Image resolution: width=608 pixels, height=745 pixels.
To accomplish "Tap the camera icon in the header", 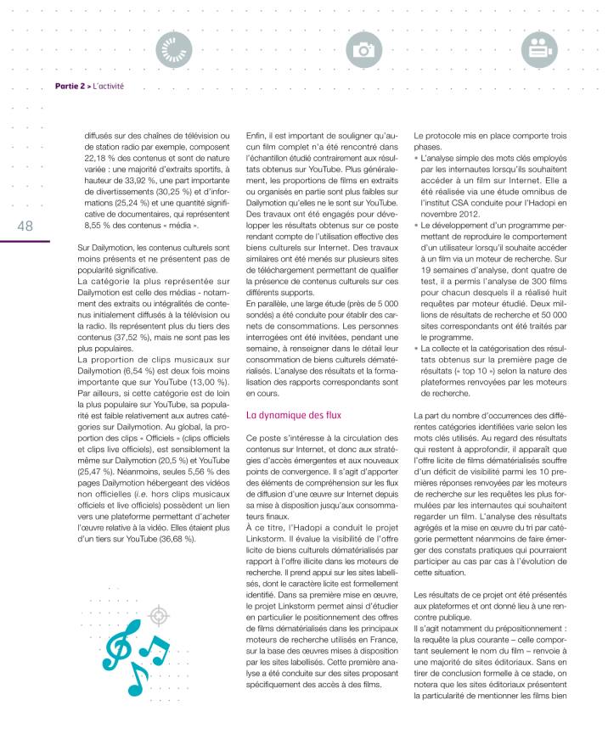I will (x=365, y=50).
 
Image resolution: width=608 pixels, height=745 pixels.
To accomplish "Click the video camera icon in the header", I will (x=537, y=50).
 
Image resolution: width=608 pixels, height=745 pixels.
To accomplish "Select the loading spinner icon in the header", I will (x=174, y=50).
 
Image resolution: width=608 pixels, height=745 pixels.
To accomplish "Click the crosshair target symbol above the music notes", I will (x=156, y=614).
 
